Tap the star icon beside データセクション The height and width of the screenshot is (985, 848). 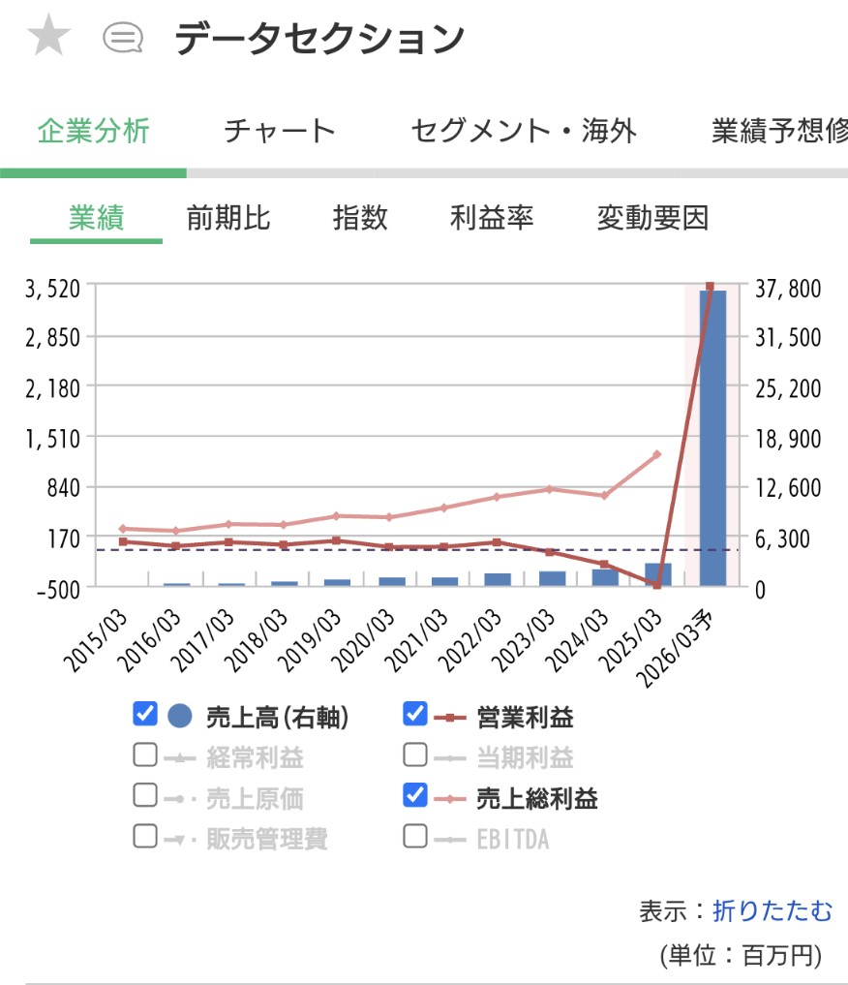pos(48,39)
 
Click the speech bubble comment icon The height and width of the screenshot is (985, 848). pos(123,39)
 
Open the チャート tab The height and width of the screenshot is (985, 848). pos(279,131)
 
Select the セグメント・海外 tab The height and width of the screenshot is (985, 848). pos(524,131)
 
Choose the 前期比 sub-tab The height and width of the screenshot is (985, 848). pos(228,218)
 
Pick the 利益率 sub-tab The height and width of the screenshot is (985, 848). pos(491,218)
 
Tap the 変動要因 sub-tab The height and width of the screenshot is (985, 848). pos(652,218)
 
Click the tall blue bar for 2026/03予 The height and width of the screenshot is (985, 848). pos(712,436)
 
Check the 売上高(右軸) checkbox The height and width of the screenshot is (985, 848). pos(145,715)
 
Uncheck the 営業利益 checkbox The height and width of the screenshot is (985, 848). pos(414,715)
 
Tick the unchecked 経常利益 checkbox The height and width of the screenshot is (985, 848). pos(145,754)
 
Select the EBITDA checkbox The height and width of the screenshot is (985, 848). pos(414,835)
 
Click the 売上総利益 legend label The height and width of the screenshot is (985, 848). pos(536,797)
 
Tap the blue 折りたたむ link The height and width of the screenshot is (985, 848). pos(772,910)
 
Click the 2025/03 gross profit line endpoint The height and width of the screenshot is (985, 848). pos(656,454)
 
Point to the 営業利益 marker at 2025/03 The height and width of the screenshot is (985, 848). pos(656,585)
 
